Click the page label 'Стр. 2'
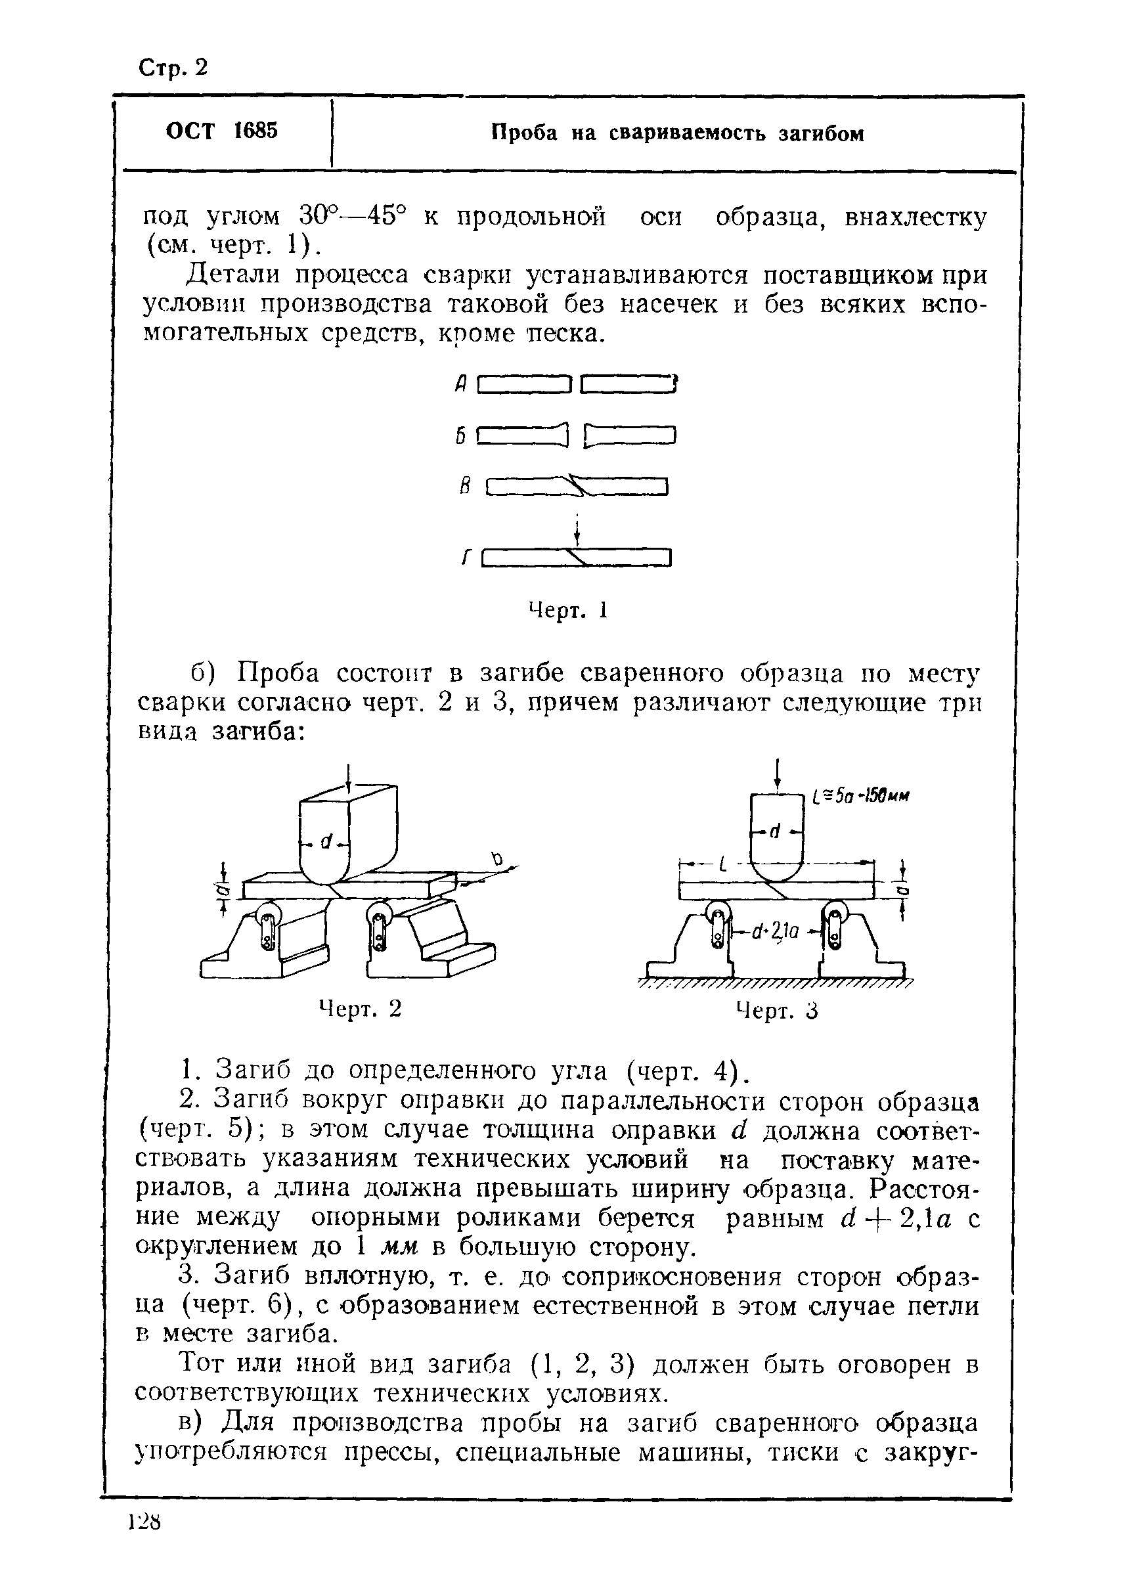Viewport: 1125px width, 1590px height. tap(173, 67)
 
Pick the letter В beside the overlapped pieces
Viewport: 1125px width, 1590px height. tap(465, 487)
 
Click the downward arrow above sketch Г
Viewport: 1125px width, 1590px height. tap(577, 530)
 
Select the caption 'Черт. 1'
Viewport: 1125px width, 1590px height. tap(567, 609)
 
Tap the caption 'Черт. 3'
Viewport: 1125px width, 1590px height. tap(776, 1011)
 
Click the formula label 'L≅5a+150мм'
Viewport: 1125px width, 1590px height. tap(860, 797)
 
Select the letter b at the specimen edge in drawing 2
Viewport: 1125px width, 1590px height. tap(496, 860)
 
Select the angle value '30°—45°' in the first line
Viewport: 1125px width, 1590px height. tap(351, 216)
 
